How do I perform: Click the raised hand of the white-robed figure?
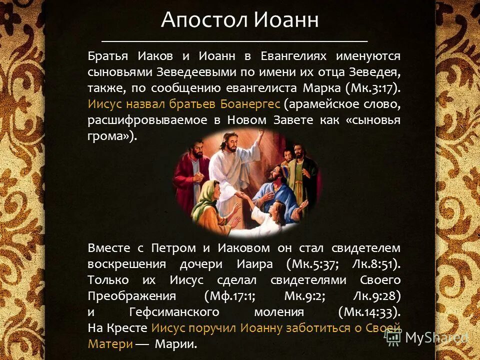pyautogui.click(x=259, y=136)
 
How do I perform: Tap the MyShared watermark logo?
pyautogui.click(x=427, y=338)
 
